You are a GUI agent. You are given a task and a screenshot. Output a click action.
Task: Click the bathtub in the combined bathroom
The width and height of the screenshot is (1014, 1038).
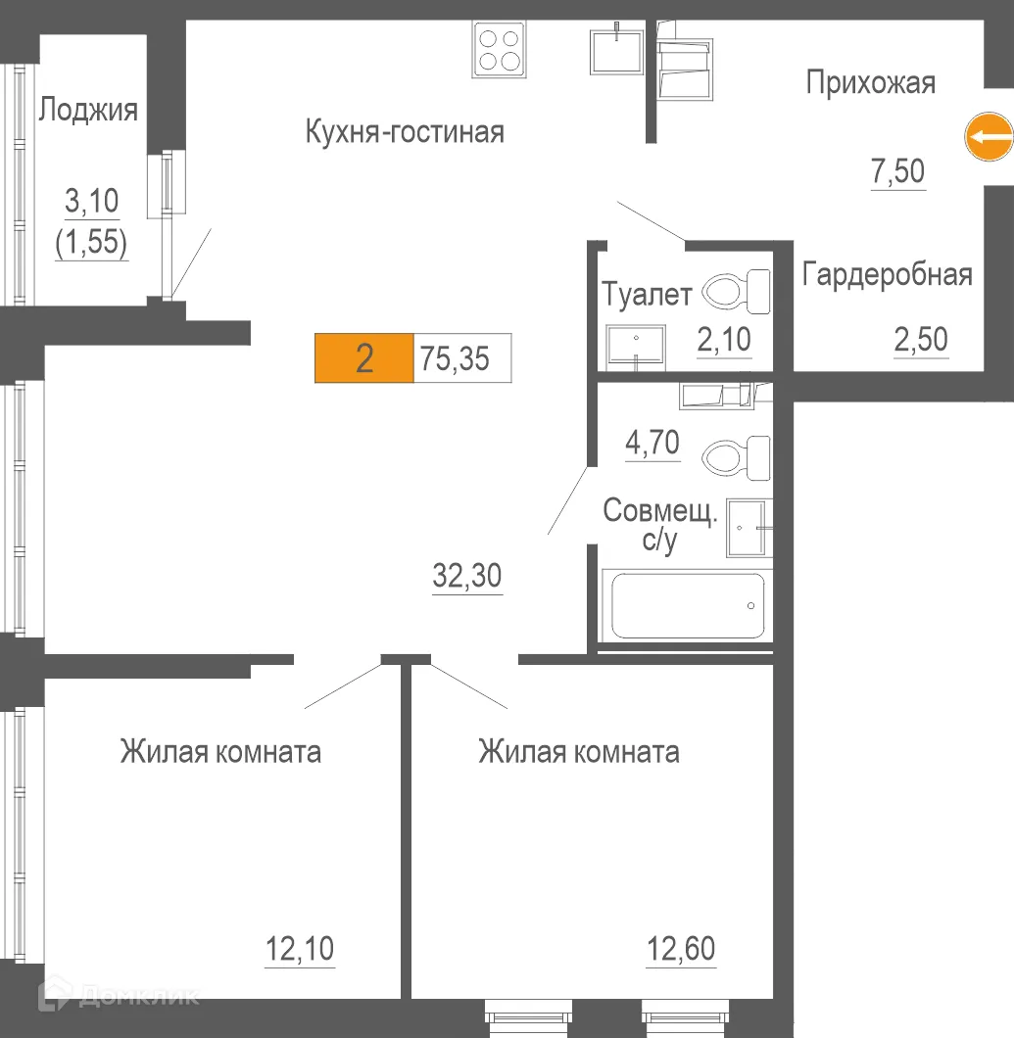(x=688, y=605)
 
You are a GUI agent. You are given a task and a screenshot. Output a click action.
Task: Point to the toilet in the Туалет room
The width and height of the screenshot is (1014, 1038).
(x=735, y=291)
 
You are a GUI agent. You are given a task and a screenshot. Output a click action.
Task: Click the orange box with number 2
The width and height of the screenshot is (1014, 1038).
(x=364, y=359)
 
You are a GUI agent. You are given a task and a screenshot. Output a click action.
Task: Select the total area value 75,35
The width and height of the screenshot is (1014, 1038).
(x=454, y=359)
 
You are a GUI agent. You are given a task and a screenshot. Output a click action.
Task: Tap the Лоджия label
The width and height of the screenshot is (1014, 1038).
(x=88, y=110)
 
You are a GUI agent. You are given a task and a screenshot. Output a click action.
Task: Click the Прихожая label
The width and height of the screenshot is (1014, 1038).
(x=870, y=83)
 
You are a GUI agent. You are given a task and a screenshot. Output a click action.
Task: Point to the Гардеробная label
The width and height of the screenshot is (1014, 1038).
(x=887, y=275)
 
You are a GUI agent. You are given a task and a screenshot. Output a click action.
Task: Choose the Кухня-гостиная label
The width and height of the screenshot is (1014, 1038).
(x=405, y=131)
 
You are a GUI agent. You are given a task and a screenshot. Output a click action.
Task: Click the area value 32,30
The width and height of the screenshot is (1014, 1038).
(x=467, y=577)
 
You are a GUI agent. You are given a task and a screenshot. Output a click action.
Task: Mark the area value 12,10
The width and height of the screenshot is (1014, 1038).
(x=300, y=949)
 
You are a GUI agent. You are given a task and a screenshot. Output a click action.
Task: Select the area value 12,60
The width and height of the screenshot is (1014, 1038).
(x=681, y=949)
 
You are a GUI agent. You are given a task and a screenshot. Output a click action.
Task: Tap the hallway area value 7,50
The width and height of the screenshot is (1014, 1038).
(x=898, y=172)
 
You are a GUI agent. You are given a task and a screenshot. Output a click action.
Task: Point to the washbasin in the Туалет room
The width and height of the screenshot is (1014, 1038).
(x=637, y=346)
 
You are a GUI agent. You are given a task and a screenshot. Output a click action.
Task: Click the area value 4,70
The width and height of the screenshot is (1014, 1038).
(x=652, y=444)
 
